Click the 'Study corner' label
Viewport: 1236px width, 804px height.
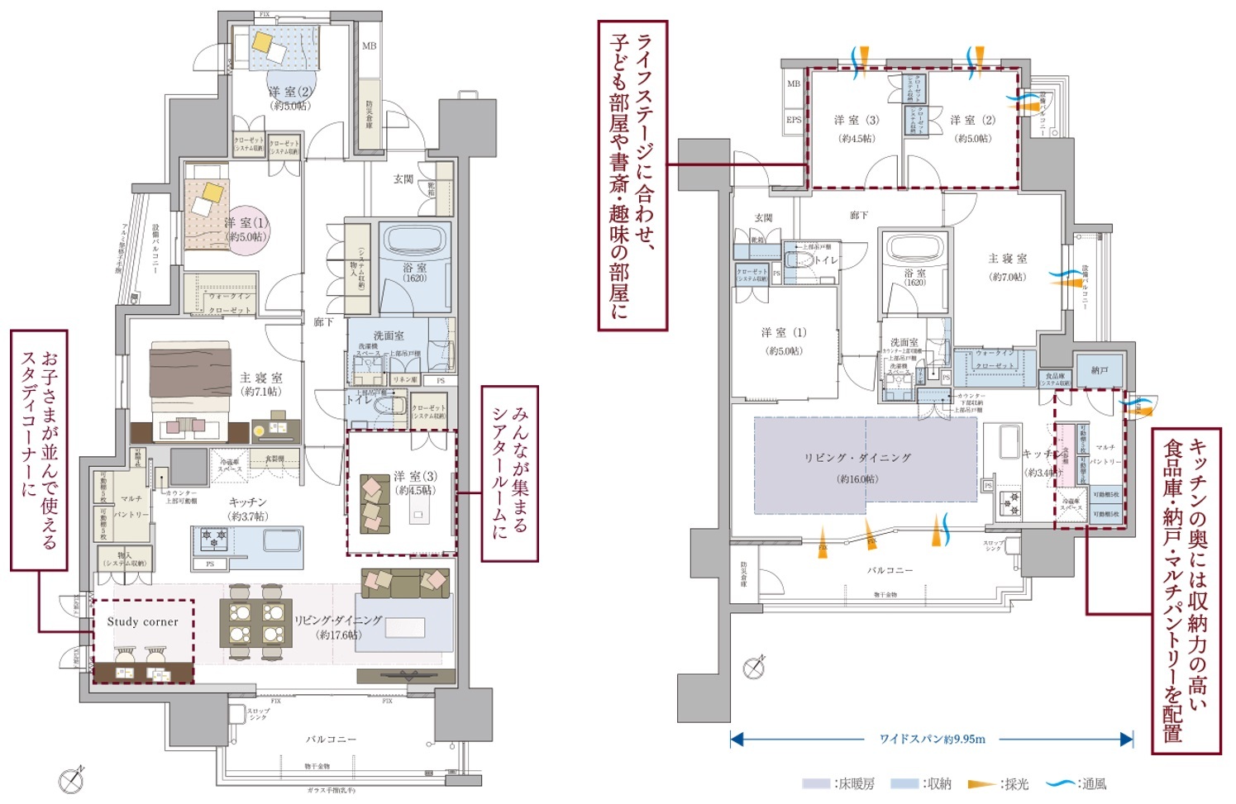142,621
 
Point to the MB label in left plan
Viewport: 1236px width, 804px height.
369,46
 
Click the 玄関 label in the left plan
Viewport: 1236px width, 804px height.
403,179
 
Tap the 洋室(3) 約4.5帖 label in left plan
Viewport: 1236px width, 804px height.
414,483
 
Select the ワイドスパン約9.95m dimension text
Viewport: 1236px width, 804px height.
932,739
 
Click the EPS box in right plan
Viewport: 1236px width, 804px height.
793,120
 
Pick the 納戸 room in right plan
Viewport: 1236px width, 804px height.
1099,370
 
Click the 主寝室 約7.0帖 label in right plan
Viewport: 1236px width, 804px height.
1007,267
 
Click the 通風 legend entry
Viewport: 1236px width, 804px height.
1076,783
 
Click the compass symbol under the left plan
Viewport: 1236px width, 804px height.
72,779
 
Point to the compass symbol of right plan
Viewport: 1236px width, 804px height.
754,667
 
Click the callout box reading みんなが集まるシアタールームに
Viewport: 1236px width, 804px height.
509,473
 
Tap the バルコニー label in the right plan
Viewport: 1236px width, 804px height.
890,570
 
